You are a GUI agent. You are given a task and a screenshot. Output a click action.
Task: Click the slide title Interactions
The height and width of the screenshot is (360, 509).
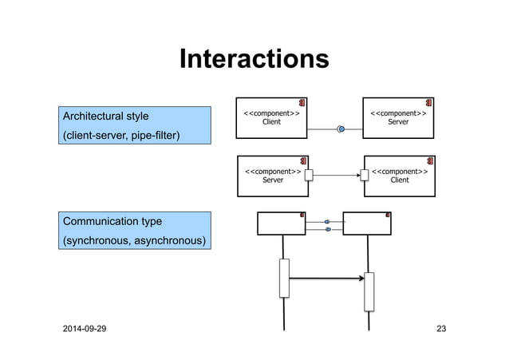click(x=254, y=59)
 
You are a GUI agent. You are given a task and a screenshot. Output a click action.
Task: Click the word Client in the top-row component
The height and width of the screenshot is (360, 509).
click(x=271, y=122)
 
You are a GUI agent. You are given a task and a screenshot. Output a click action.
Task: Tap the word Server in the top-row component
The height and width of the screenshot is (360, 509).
click(x=398, y=122)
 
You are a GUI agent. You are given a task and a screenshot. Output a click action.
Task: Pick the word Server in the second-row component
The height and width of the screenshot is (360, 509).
click(x=272, y=180)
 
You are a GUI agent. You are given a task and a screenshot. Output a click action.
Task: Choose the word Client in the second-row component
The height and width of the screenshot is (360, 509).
click(x=400, y=180)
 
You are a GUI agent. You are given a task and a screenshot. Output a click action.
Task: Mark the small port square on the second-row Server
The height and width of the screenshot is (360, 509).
click(x=309, y=175)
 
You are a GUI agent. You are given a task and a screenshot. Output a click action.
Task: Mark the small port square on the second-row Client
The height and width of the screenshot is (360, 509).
click(x=365, y=175)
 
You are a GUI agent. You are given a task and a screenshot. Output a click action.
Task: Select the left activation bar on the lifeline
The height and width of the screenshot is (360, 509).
click(x=283, y=278)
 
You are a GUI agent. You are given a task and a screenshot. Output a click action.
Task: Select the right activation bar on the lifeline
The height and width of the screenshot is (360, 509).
click(x=369, y=291)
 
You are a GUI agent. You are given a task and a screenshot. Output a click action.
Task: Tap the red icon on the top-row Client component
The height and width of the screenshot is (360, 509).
click(x=303, y=103)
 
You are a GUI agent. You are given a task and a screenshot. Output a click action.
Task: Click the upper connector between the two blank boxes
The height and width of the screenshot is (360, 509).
click(x=327, y=220)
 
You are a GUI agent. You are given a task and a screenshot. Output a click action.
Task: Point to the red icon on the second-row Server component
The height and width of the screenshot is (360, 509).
click(x=303, y=161)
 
